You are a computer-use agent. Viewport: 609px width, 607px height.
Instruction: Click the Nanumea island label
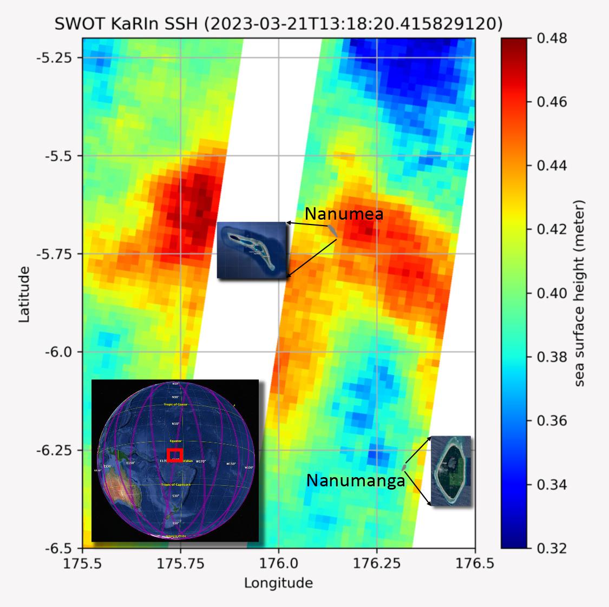(344, 214)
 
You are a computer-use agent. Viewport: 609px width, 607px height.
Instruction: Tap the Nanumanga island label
(356, 480)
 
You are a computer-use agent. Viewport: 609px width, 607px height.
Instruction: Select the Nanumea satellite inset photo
(251, 250)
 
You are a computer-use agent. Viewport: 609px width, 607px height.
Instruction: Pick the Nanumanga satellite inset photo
(451, 471)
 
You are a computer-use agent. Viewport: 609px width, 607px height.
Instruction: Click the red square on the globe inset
(175, 455)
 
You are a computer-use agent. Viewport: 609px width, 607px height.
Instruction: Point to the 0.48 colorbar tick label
(552, 38)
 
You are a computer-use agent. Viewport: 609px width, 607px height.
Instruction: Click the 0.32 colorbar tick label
(552, 548)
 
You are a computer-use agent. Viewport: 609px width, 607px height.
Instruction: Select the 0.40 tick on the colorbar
(552, 293)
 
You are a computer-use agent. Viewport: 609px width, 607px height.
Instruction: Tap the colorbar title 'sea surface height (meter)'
(580, 293)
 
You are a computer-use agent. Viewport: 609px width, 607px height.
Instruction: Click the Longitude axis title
(278, 583)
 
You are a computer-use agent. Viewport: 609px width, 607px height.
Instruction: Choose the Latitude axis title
(24, 293)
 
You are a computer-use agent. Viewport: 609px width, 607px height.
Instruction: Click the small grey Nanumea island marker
(332, 230)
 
